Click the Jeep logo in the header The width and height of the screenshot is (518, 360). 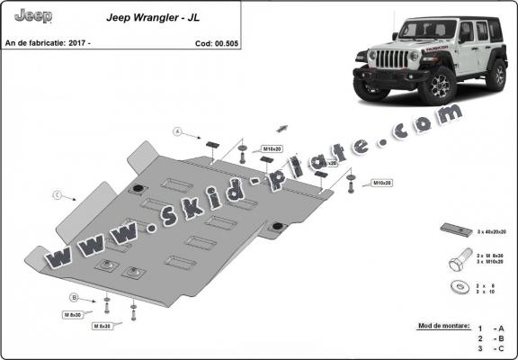tap(34, 16)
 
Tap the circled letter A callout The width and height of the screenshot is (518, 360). tap(178, 132)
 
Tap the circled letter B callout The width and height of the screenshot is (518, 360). tap(75, 296)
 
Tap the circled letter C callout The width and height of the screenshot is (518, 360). tap(57, 194)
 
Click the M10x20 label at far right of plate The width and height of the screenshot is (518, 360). tap(381, 183)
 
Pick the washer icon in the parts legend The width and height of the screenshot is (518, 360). tap(456, 288)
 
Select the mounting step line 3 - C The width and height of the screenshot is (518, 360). tap(490, 347)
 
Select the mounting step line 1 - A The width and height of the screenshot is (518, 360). tap(490, 329)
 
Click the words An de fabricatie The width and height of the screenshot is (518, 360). tap(40, 42)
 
